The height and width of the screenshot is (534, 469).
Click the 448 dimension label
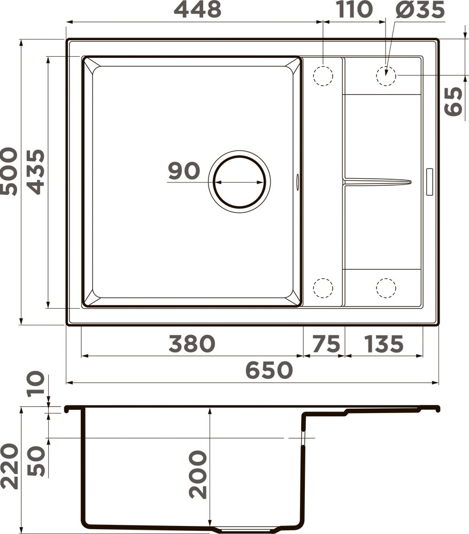click(x=197, y=9)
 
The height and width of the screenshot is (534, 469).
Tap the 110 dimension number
click(x=355, y=9)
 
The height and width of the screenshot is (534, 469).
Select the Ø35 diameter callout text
click(x=420, y=9)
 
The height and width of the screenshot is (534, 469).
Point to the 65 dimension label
click(x=453, y=101)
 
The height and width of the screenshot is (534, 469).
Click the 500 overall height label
click(x=9, y=171)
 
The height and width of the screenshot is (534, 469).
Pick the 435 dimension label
click(x=36, y=172)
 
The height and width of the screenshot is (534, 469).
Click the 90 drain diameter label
click(x=184, y=171)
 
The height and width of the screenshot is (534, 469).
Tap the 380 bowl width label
click(x=192, y=344)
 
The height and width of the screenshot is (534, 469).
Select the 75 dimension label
click(x=326, y=344)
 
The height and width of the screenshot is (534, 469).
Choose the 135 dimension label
click(x=383, y=344)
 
